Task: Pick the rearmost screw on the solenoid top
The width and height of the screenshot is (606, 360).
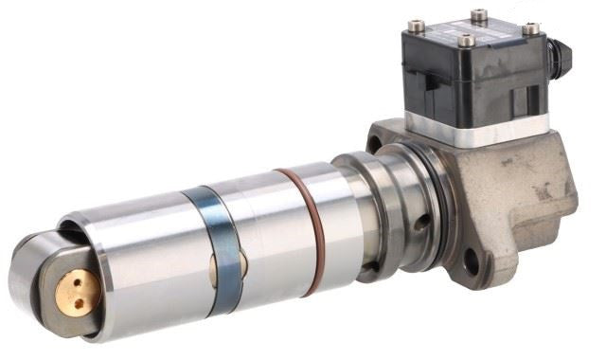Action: point(477,15)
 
